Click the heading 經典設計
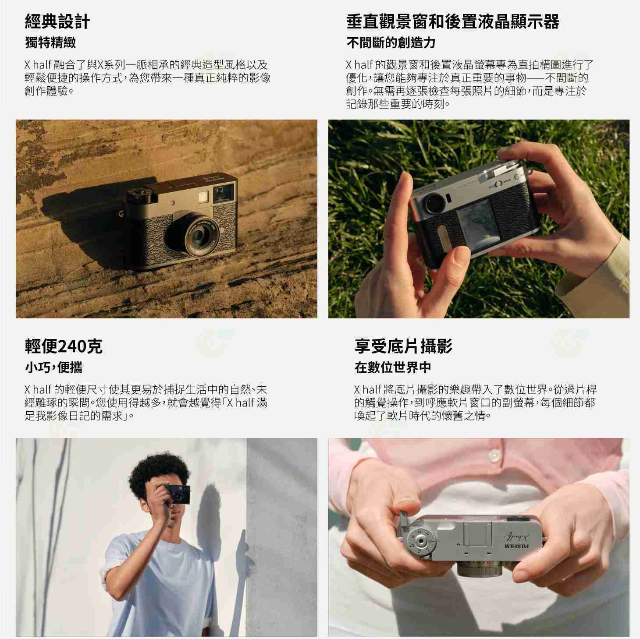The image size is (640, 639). point(57,21)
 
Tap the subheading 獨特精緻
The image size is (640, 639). point(50,42)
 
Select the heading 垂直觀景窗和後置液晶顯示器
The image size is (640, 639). point(452,21)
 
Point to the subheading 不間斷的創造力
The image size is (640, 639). point(391,42)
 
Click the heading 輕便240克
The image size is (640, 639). point(64,346)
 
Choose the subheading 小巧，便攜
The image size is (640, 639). point(53,367)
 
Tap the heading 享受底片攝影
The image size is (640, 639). point(403,346)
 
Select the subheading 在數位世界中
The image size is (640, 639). point(393,367)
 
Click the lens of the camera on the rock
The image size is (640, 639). point(198,237)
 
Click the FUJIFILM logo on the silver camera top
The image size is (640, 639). point(517,547)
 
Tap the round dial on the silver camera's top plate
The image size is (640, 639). point(421,543)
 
